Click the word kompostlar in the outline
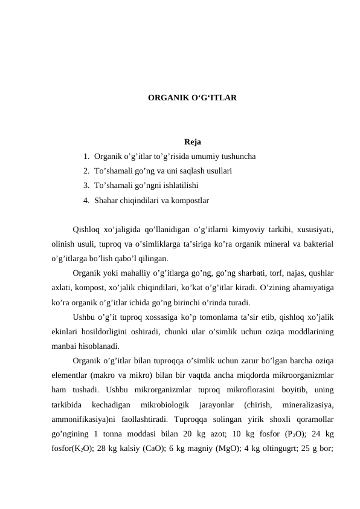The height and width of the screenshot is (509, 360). coord(190,199)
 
